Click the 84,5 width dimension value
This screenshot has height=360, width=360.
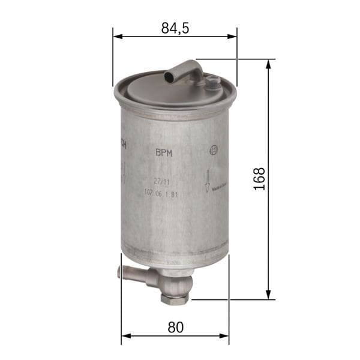tap(175, 28)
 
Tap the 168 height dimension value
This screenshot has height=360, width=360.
tap(259, 179)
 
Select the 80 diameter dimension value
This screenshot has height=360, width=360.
tap(175, 327)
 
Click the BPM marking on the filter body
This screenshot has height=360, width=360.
tap(164, 153)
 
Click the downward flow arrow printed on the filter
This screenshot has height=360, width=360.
tap(207, 181)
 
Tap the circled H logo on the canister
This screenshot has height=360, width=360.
tap(212, 151)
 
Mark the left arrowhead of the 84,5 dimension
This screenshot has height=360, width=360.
tap(115, 37)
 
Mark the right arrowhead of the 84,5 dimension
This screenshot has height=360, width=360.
tap(235, 37)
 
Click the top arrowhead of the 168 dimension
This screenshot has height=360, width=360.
tap(268, 62)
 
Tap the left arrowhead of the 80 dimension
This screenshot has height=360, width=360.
tap(124, 336)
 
